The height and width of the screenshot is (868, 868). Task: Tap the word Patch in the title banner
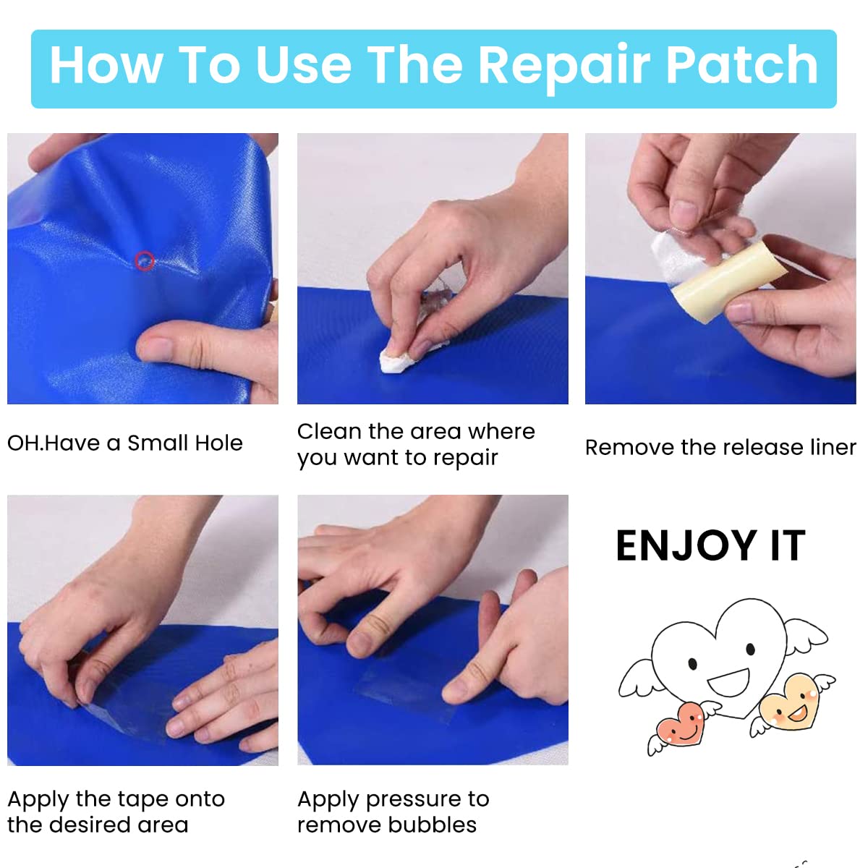pos(741,65)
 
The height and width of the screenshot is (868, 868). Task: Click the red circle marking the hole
pos(145,261)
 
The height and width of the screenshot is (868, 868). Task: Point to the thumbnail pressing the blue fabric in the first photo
pos(155,348)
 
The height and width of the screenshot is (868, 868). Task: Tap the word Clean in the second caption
pos(329,432)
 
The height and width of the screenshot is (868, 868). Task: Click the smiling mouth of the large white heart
pos(728,682)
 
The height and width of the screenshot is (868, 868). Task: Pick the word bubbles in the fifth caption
pos(432,825)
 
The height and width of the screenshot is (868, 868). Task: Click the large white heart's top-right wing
pos(807,637)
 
